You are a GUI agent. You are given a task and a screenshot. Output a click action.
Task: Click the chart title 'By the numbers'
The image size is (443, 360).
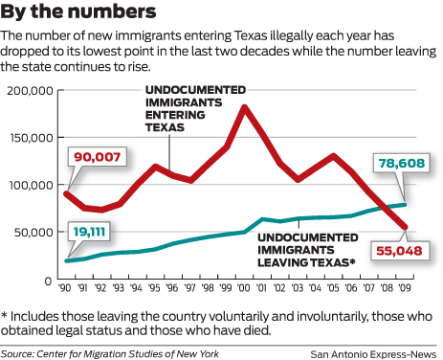(78, 13)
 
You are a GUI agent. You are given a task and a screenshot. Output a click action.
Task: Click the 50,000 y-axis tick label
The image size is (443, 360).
(30, 232)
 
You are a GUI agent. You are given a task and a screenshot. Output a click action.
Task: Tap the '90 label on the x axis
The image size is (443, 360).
(66, 287)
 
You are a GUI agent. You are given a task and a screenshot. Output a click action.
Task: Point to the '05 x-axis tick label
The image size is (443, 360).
(334, 287)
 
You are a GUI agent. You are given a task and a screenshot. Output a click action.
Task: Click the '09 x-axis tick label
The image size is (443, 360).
(406, 287)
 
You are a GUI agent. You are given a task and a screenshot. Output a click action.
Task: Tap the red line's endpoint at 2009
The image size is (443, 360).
(406, 228)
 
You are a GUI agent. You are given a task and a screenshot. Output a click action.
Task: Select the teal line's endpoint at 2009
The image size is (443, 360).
(406, 204)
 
